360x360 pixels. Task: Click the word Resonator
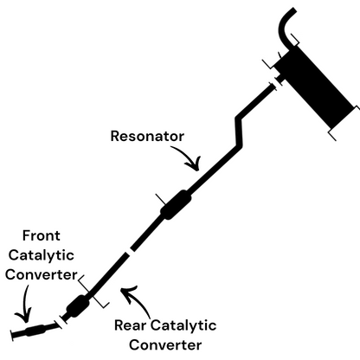pos(147,136)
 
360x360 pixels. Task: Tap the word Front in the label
pos(42,235)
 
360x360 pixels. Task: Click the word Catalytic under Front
pos(42,255)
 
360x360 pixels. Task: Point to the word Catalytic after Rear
pos(183,325)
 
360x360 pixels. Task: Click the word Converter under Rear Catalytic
pos(165,345)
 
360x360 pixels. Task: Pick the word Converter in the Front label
pos(42,274)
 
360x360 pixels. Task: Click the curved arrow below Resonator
pos(189,157)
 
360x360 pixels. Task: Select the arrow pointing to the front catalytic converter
pos(24,305)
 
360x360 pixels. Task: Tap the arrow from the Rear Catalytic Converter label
pos(137,300)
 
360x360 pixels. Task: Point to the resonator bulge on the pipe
pos(176,204)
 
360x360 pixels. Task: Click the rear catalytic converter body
pos(78,305)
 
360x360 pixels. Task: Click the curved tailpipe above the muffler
pos(286,28)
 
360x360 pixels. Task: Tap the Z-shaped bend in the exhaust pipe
pos(239,132)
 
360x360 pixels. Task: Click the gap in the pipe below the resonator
pos(129,251)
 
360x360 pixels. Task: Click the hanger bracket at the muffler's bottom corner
pos(332,136)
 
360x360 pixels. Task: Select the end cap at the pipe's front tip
pos(12,336)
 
